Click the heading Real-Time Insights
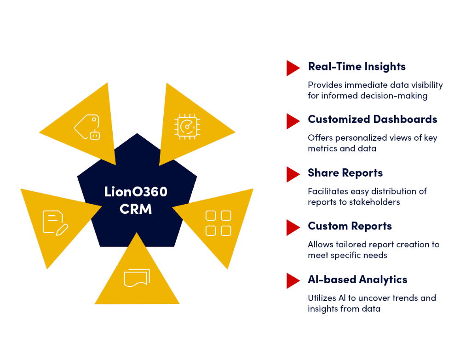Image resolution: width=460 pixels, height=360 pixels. [x=357, y=67]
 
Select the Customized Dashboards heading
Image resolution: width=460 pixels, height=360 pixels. [x=373, y=120]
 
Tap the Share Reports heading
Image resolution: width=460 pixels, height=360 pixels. [x=345, y=173]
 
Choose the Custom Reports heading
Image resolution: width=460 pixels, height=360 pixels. [x=350, y=226]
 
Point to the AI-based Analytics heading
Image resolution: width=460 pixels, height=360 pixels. [x=357, y=280]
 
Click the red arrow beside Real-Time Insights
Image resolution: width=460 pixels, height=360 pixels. [x=293, y=68]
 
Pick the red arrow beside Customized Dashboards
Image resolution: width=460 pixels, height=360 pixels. [x=293, y=121]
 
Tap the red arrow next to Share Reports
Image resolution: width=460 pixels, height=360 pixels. [x=293, y=174]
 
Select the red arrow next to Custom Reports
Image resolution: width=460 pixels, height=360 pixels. [x=293, y=228]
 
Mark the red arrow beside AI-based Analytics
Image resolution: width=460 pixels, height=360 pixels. [x=293, y=281]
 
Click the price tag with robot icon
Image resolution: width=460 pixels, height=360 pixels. [x=87, y=126]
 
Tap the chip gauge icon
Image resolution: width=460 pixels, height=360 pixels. [x=187, y=126]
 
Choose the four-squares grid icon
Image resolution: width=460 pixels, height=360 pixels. [x=218, y=223]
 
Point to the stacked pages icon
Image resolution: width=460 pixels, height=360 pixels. [x=137, y=278]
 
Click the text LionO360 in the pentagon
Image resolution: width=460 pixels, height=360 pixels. [x=136, y=192]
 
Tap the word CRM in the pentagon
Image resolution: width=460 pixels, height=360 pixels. [x=136, y=209]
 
